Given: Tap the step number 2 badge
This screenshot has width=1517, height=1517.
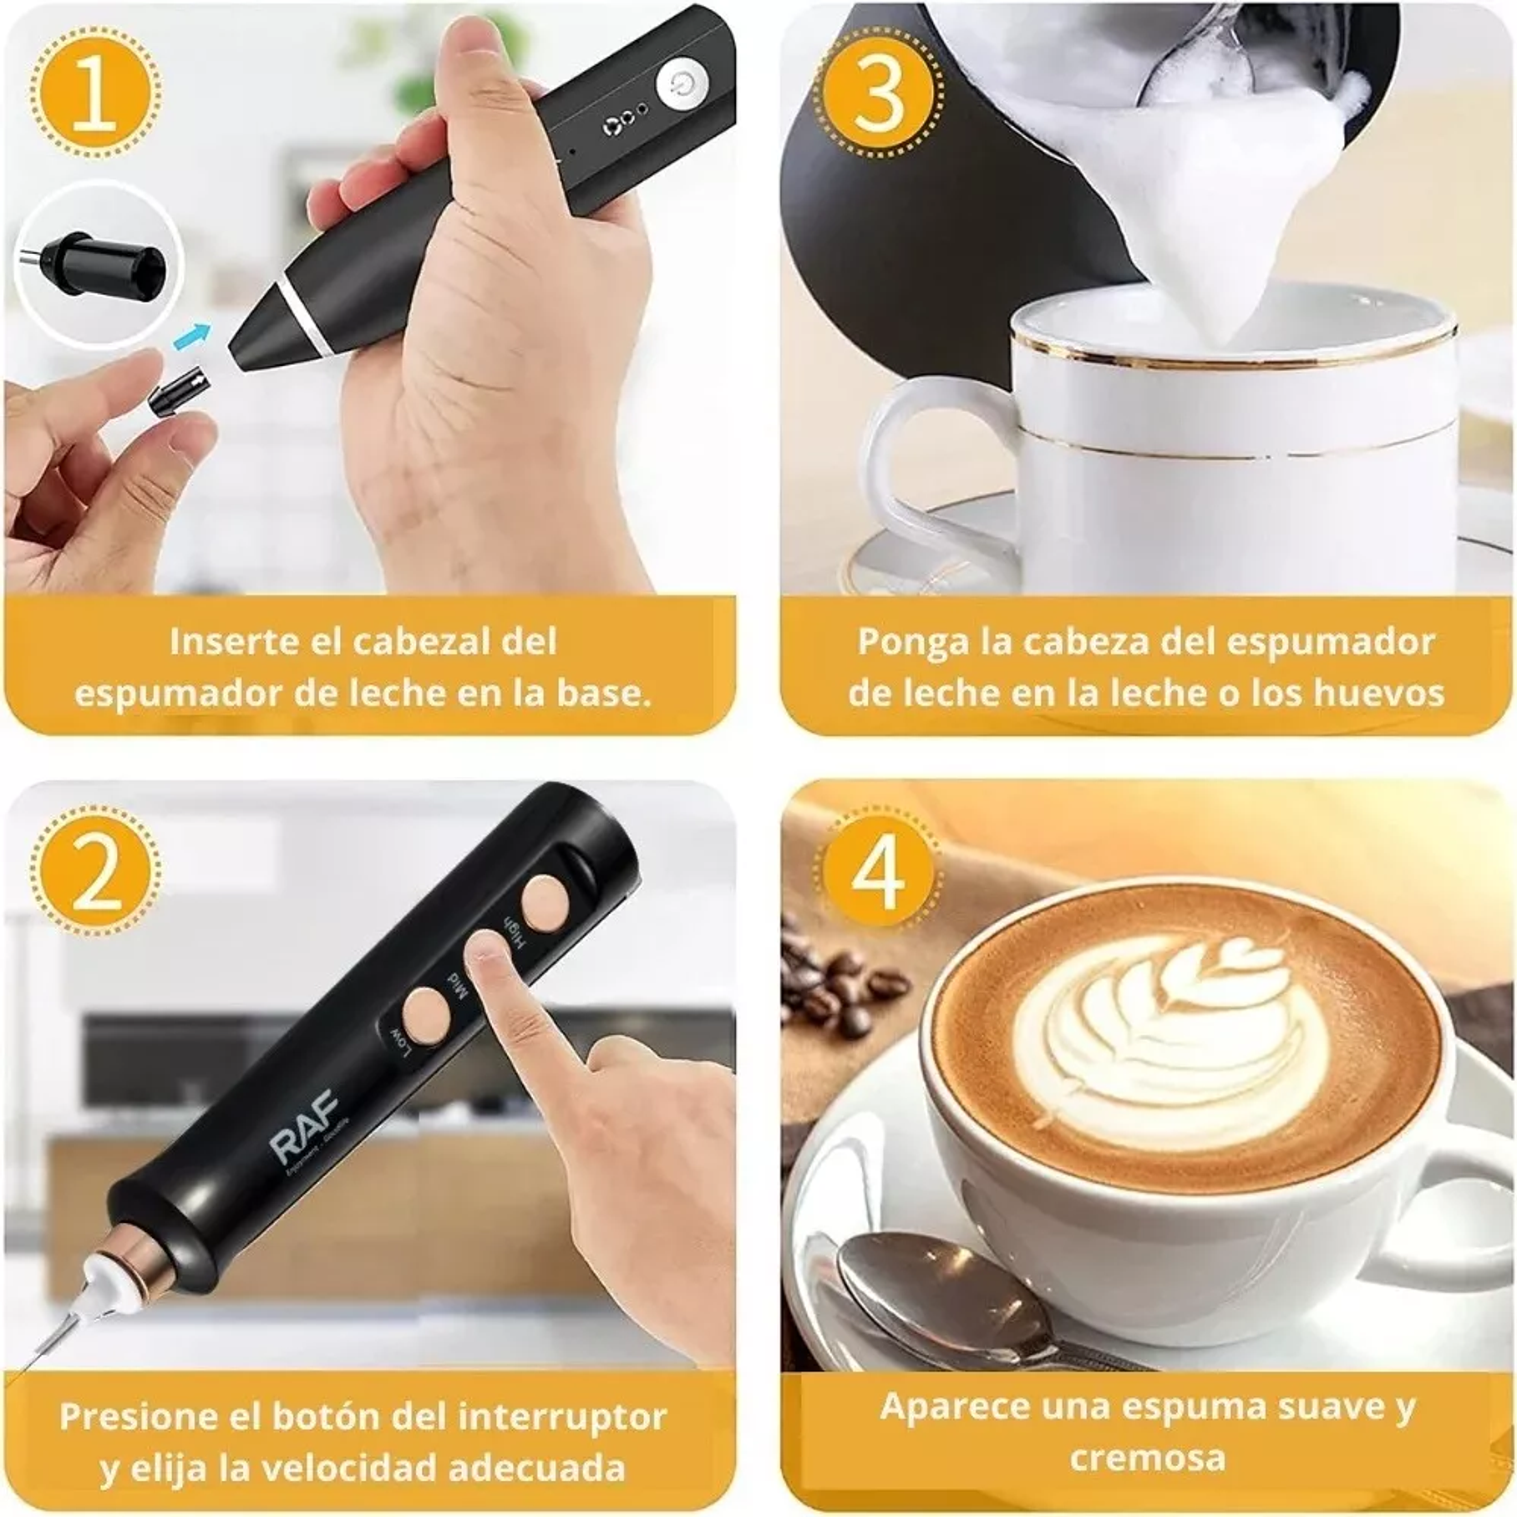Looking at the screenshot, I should click(94, 873).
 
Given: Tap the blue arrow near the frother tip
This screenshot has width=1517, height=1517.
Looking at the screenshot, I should click(191, 337).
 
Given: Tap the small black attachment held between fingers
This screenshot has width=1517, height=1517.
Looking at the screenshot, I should click(176, 390).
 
